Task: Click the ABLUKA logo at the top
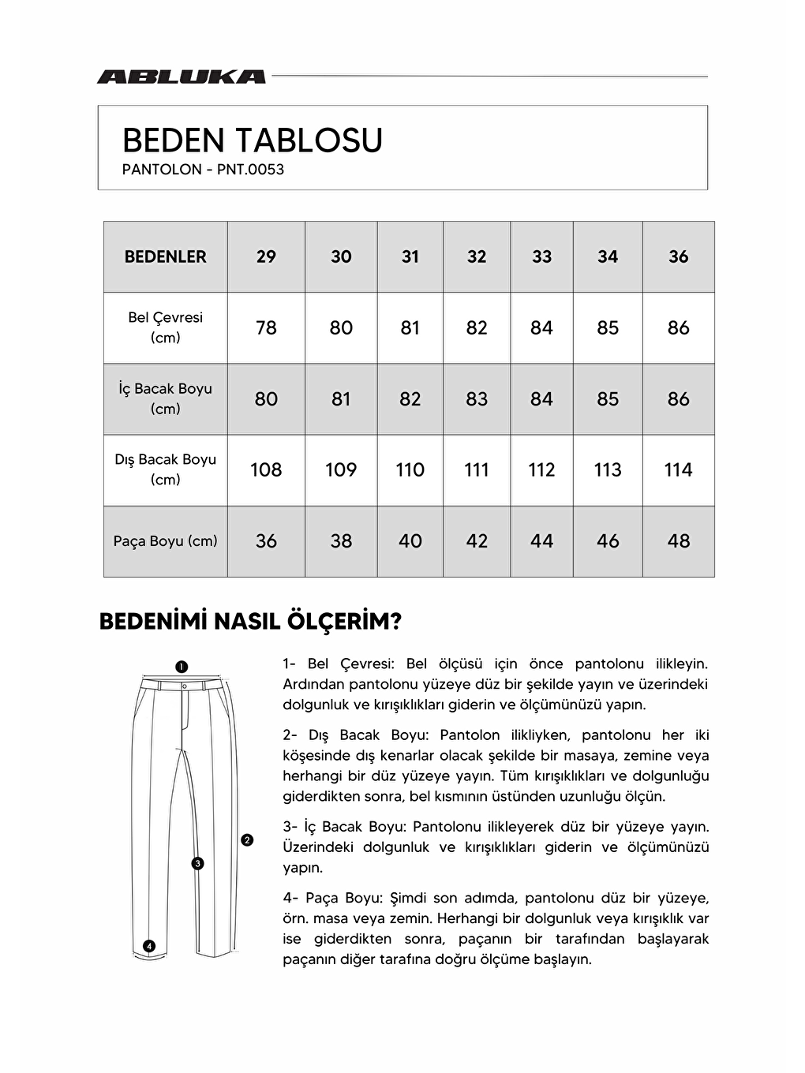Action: pyautogui.click(x=181, y=77)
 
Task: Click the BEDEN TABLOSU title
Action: pyautogui.click(x=252, y=141)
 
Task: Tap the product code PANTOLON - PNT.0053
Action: pyautogui.click(x=203, y=170)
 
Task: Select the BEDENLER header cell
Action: pyautogui.click(x=165, y=256)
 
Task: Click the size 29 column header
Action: pyautogui.click(x=266, y=256)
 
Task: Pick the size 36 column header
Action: pyautogui.click(x=678, y=256)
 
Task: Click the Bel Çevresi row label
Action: pyautogui.click(x=165, y=327)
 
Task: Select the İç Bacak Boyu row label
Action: pyautogui.click(x=165, y=398)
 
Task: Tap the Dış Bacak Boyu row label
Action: pyautogui.click(x=165, y=469)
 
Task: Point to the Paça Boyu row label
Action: pyautogui.click(x=165, y=541)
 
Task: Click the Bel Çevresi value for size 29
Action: pyautogui.click(x=266, y=327)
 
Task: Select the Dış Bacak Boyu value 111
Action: pyautogui.click(x=477, y=470)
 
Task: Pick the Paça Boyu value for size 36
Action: pyautogui.click(x=678, y=541)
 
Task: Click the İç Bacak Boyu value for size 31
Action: pyautogui.click(x=410, y=399)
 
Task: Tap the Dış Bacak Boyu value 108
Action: pyautogui.click(x=266, y=470)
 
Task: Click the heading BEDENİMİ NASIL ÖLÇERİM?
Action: pyautogui.click(x=250, y=622)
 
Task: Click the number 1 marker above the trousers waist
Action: pyautogui.click(x=181, y=667)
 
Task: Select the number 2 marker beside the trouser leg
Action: pyautogui.click(x=247, y=840)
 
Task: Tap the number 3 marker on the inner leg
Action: pyautogui.click(x=197, y=863)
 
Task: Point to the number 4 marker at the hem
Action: pyautogui.click(x=149, y=946)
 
